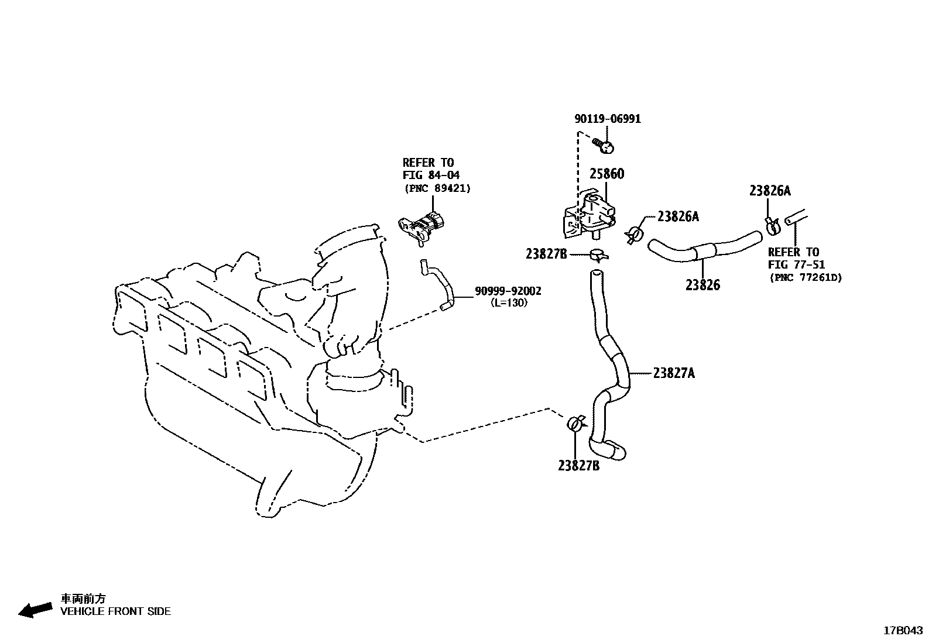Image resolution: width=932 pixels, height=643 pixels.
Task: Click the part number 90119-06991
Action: click(607, 119)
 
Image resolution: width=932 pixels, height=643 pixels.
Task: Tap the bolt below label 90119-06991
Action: click(602, 144)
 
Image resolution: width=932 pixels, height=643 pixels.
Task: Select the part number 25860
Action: click(607, 174)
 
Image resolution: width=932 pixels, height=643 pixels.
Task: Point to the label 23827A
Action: click(674, 373)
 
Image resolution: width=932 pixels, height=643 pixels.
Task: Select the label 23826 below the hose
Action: click(703, 285)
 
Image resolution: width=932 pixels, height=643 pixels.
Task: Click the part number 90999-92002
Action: click(508, 291)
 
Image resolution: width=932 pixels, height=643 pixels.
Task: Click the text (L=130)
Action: click(509, 302)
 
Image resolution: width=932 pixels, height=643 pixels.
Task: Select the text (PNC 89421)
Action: click(437, 188)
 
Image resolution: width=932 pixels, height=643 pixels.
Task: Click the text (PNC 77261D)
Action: click(805, 277)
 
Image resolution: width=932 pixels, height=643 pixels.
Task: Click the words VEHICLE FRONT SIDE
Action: click(116, 611)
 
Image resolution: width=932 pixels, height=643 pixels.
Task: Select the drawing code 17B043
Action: click(903, 630)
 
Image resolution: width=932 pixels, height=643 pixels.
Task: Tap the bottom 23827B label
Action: click(578, 466)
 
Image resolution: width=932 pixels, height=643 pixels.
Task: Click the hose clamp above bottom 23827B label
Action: click(576, 422)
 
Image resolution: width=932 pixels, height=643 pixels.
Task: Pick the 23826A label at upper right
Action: click(770, 191)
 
